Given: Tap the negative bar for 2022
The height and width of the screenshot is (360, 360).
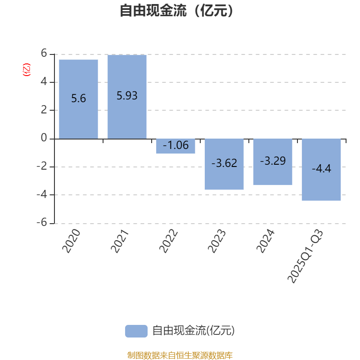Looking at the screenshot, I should [x=175, y=146].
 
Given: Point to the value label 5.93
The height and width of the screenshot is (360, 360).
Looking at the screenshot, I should [x=127, y=96].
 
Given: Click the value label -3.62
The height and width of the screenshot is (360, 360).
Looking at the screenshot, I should [x=224, y=163].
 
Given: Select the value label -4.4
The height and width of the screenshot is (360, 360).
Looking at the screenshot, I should [x=321, y=169].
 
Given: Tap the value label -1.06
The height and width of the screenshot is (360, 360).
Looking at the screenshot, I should [x=175, y=145].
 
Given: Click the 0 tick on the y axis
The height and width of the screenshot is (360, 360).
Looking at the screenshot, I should [x=44, y=138].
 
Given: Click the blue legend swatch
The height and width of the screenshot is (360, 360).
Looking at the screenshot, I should [x=136, y=331].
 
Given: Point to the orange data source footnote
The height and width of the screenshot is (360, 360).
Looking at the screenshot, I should [x=180, y=355].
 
